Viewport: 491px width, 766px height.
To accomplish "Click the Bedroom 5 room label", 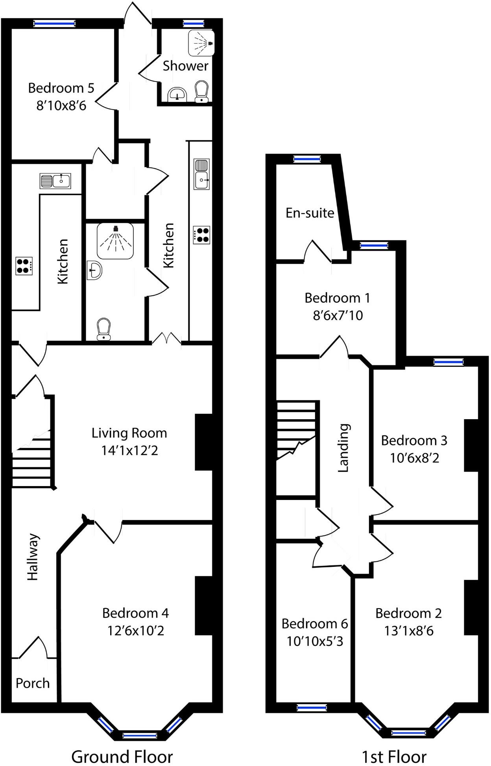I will click(x=61, y=88).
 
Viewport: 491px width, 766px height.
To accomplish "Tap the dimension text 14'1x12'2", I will click(x=129, y=450).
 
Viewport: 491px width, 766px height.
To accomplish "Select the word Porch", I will click(x=33, y=683).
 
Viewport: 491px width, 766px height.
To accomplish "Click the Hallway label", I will click(x=33, y=557).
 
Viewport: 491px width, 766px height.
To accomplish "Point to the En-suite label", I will click(x=310, y=213).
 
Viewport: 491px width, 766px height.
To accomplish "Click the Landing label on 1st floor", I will click(x=343, y=448).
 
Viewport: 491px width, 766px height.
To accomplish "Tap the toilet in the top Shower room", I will click(x=201, y=92).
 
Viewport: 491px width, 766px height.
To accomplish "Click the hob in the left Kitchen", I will click(x=24, y=265).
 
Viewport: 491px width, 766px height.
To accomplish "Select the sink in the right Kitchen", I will click(x=201, y=174).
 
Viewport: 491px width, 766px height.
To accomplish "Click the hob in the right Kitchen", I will click(x=201, y=235).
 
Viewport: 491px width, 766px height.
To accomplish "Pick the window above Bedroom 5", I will click(x=54, y=24).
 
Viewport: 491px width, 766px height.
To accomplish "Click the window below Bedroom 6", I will click(x=312, y=708).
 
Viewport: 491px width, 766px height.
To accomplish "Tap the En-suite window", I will click(x=307, y=159).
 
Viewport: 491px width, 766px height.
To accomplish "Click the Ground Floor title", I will click(x=122, y=756).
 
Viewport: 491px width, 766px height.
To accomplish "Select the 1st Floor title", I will click(x=394, y=756).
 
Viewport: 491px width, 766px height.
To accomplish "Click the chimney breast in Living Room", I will click(x=204, y=442).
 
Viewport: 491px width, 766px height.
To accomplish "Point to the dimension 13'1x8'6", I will click(x=409, y=631).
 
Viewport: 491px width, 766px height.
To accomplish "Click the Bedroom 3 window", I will click(x=449, y=362).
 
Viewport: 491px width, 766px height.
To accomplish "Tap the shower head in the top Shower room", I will click(x=210, y=43).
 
